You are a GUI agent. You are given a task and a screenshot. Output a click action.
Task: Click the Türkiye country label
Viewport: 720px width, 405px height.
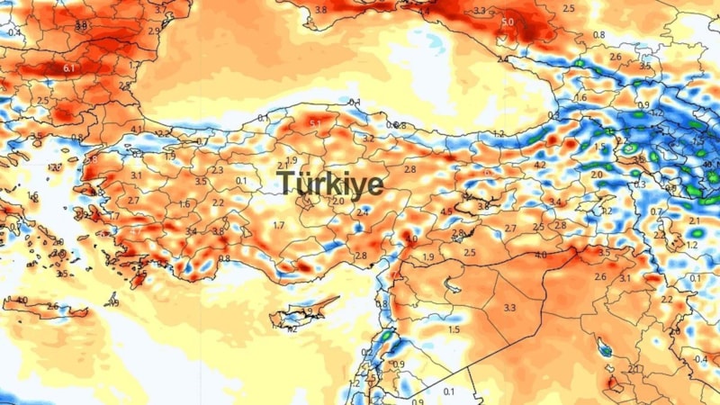[x=330, y=184]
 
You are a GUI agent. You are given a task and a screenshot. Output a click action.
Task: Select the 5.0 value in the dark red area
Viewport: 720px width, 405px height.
[x=508, y=22]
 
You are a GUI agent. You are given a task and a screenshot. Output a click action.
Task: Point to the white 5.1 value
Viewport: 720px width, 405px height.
[x=315, y=123]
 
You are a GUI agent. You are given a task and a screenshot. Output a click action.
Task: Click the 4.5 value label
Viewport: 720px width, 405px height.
[x=446, y=212]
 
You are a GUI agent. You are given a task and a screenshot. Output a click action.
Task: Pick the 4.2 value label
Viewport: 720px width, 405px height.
[x=540, y=166]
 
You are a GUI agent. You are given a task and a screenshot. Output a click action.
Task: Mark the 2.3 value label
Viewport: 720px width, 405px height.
[x=217, y=170]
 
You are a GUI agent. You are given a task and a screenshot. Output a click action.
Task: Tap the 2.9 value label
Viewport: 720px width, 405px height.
[x=153, y=31]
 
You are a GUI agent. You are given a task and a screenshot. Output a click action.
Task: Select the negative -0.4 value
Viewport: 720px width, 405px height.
[x=700, y=360]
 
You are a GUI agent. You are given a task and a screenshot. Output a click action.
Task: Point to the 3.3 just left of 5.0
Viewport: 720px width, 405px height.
[x=479, y=12]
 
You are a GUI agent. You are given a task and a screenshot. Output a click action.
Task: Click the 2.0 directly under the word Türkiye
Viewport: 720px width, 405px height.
[x=338, y=201]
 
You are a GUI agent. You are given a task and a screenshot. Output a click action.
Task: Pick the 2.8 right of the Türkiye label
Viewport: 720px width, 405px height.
[x=410, y=169]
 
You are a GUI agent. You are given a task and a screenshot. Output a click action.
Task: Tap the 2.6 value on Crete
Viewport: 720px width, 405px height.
[x=52, y=307]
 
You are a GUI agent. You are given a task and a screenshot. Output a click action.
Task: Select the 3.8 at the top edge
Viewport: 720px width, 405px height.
[x=321, y=9]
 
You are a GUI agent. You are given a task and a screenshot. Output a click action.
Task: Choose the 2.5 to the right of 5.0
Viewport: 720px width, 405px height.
[x=568, y=8]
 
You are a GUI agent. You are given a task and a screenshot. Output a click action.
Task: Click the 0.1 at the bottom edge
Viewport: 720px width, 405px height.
[x=449, y=391]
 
